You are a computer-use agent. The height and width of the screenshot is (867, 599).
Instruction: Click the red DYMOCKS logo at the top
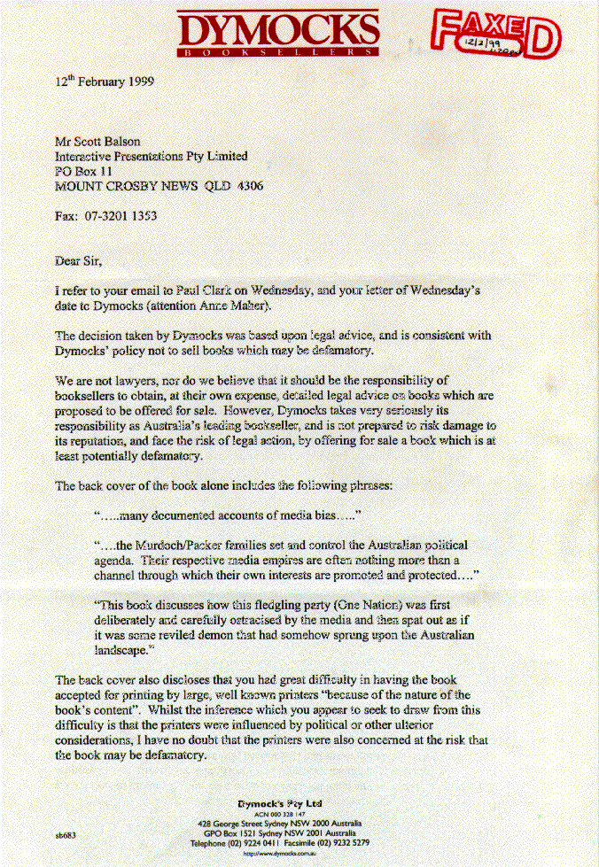278,32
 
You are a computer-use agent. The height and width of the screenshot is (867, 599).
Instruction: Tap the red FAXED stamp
495,34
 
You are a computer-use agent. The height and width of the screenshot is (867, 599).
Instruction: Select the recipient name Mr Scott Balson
98,140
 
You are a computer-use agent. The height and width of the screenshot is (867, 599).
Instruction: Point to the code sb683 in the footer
66,834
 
